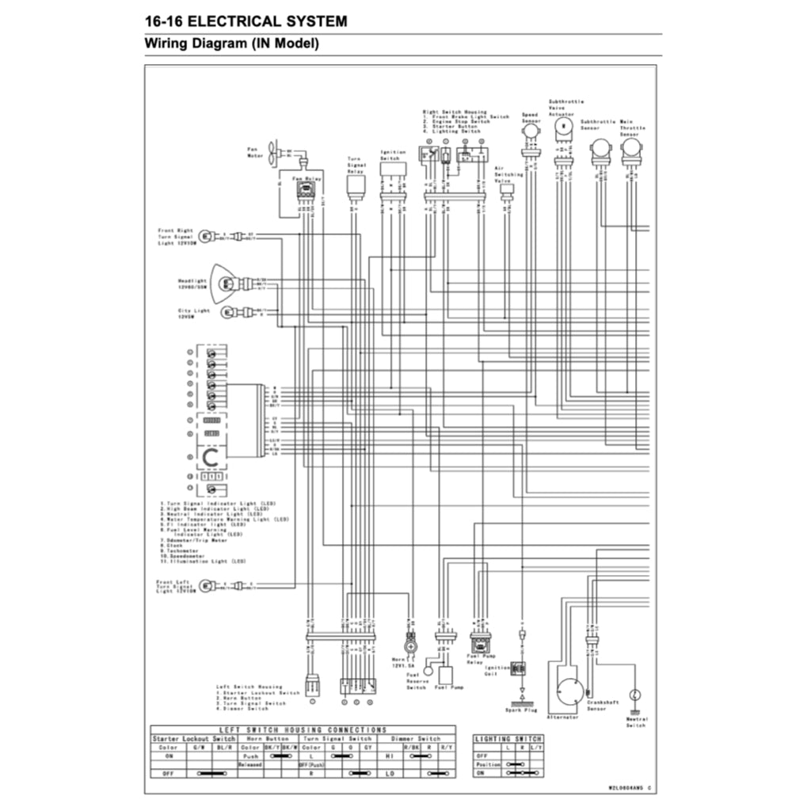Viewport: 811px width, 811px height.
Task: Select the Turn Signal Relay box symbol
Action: point(355,187)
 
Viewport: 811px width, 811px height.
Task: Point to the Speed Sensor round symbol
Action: point(529,129)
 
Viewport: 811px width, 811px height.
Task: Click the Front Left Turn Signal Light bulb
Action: point(208,587)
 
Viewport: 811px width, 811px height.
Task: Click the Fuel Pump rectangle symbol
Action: point(445,675)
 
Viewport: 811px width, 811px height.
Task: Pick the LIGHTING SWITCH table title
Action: point(508,739)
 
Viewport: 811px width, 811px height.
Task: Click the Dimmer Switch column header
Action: point(417,738)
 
